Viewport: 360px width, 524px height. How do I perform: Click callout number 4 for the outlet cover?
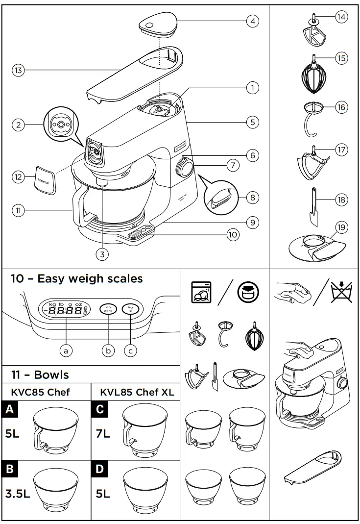[x=252, y=21]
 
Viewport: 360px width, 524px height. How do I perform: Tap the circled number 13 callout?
[x=18, y=71]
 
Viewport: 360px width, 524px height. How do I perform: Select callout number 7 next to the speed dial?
[x=233, y=166]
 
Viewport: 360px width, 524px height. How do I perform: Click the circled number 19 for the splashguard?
[x=342, y=227]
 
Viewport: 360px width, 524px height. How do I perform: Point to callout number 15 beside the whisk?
[x=341, y=58]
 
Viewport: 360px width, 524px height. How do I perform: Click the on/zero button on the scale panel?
[x=108, y=309]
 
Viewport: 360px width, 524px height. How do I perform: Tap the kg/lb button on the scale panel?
[x=130, y=309]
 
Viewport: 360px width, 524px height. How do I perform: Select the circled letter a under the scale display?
[x=65, y=350]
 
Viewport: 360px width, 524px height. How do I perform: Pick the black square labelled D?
[x=100, y=469]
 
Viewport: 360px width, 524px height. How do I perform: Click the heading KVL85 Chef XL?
[x=137, y=392]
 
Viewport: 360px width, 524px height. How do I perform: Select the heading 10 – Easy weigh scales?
[x=77, y=279]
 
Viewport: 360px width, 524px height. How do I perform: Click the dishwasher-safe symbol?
[x=201, y=293]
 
